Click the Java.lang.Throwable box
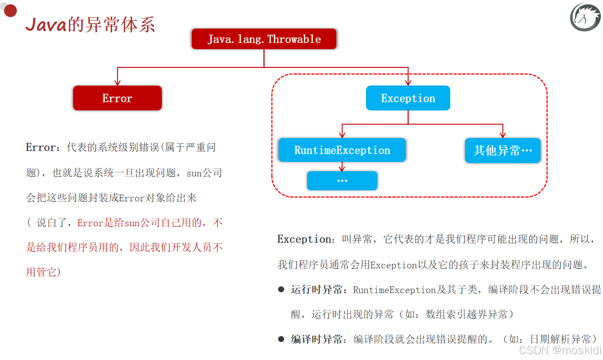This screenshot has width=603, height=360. (264, 39)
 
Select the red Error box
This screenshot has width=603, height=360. (117, 98)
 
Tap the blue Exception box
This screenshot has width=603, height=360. (408, 98)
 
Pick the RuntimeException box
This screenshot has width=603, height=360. (342, 150)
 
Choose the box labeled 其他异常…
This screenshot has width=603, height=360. (503, 151)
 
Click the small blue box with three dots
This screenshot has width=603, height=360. (342, 180)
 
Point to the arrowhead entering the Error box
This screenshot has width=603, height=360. (118, 82)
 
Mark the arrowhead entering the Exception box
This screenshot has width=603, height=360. (408, 82)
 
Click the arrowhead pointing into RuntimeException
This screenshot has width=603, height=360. (342, 135)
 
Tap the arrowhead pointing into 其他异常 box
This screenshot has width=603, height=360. (503, 135)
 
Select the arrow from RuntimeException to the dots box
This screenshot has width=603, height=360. (342, 167)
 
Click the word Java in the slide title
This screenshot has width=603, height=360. (46, 25)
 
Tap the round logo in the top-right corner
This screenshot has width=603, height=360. (585, 17)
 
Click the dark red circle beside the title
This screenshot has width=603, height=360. (10, 11)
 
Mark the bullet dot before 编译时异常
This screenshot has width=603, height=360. (281, 339)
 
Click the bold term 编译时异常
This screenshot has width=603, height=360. (316, 339)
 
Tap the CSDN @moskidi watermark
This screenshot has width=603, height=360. (560, 350)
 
